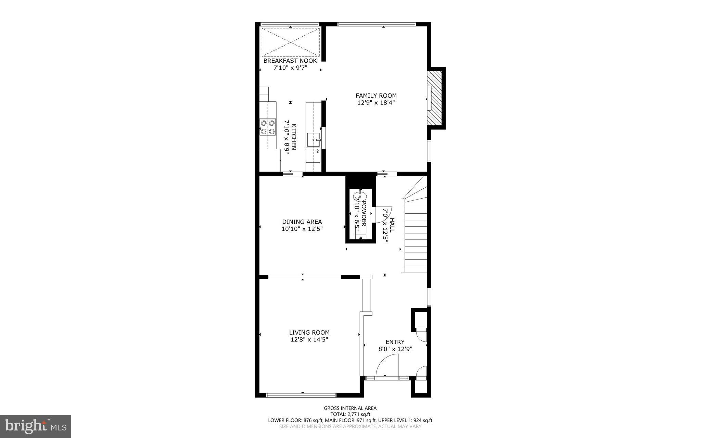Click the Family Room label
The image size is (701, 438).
[x=376, y=96]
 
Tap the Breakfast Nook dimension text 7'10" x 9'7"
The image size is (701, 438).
[x=290, y=68]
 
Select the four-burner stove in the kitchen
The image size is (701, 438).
[x=267, y=127]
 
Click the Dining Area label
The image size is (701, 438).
[x=302, y=222]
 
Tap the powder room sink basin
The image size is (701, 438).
[x=360, y=197]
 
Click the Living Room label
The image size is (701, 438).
[x=309, y=332]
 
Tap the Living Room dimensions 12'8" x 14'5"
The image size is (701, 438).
[x=309, y=340]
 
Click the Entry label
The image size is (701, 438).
[x=395, y=342]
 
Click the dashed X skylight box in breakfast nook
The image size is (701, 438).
[x=290, y=42]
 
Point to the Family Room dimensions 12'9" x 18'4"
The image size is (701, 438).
[x=376, y=102]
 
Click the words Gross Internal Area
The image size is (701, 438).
[x=350, y=408]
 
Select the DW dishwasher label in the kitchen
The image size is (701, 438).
[x=318, y=151]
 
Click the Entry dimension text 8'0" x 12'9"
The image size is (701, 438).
[x=395, y=349]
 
